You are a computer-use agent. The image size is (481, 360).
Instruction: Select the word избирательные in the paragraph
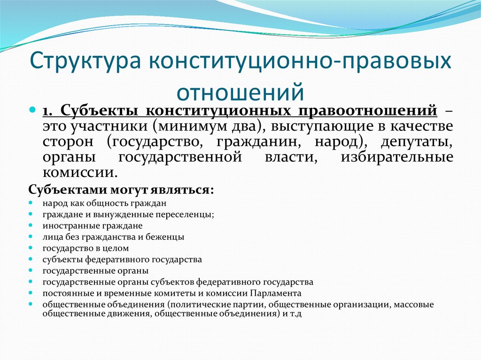tap(397, 157)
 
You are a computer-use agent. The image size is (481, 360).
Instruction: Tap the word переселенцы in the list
tap(187, 214)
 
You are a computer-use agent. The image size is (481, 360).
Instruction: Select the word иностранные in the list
tap(64, 225)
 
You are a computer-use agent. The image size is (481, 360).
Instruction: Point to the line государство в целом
tap(85, 248)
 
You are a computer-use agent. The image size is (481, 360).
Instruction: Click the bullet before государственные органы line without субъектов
tap(31, 271)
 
